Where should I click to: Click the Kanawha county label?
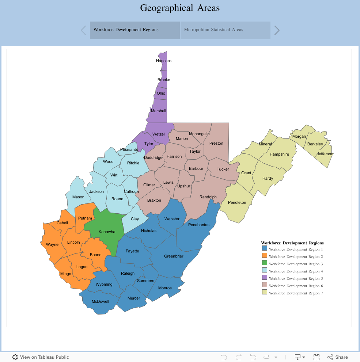click(107, 232)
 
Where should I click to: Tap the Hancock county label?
click(164, 61)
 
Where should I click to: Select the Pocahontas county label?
click(199, 225)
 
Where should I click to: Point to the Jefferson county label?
click(325, 154)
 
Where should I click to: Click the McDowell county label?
click(100, 301)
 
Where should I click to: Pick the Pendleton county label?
click(237, 202)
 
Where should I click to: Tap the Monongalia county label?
click(199, 134)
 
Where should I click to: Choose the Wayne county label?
click(52, 244)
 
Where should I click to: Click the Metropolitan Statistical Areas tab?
click(225, 30)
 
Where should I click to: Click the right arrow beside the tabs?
click(277, 30)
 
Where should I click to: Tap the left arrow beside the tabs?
click(83, 30)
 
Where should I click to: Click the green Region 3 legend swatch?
click(265, 263)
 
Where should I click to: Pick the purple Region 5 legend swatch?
click(265, 278)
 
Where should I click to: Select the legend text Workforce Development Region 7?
click(296, 293)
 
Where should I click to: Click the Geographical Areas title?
click(180, 8)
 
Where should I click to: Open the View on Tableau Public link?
click(41, 357)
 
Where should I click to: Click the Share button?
click(338, 357)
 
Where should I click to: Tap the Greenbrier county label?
click(174, 256)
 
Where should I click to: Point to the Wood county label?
click(108, 161)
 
